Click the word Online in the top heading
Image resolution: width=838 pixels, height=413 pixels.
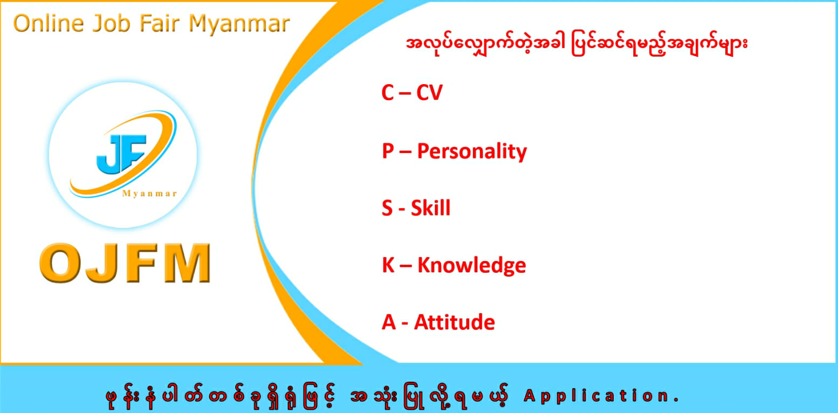click(49, 23)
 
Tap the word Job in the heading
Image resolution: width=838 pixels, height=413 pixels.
click(111, 24)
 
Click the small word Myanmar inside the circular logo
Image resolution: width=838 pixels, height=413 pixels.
click(150, 194)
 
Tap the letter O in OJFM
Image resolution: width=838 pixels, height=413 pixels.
click(58, 263)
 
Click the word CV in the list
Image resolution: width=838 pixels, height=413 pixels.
click(429, 92)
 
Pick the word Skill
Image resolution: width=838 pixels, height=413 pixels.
click(431, 208)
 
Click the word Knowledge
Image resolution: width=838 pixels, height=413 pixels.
click(472, 266)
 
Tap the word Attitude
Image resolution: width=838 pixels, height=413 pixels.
click(455, 322)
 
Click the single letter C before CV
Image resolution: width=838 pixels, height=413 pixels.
click(388, 92)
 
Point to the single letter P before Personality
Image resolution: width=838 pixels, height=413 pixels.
click(388, 151)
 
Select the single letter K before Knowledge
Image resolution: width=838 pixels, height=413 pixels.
click(388, 265)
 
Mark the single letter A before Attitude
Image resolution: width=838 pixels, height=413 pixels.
click(389, 322)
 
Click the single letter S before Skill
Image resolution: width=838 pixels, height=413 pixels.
click(387, 208)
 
